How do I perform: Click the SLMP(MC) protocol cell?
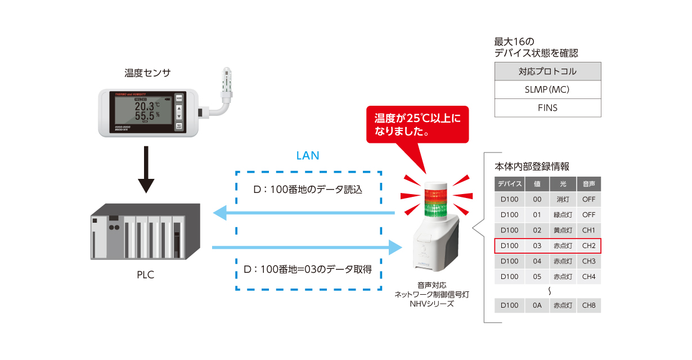547,89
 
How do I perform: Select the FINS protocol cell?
547,107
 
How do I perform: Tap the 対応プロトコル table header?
547,71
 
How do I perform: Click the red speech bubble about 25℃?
417,125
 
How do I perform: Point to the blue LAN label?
308,155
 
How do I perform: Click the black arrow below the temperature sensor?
146,169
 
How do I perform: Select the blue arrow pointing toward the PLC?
304,213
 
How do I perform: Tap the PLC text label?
145,275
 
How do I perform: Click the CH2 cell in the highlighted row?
588,246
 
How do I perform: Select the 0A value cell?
537,305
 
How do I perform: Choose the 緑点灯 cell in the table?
563,215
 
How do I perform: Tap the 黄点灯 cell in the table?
563,230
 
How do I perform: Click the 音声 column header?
588,184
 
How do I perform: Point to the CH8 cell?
588,305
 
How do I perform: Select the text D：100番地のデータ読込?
308,190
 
